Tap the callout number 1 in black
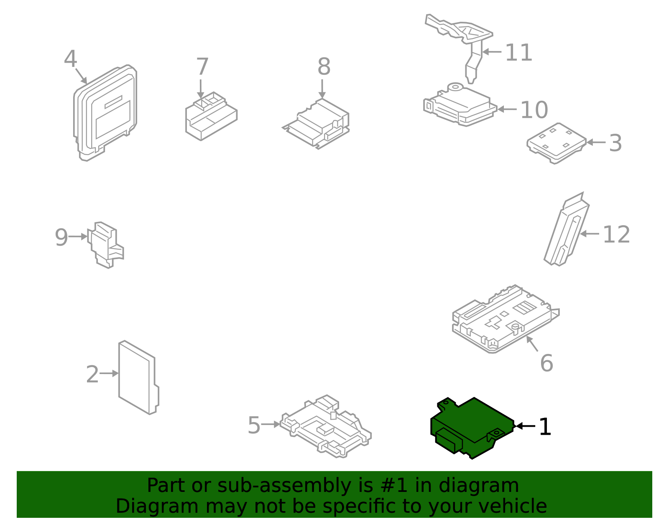point(545,427)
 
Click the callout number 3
point(615,143)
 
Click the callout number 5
point(254,425)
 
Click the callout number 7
point(202,67)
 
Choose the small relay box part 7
point(211,117)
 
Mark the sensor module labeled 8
point(318,123)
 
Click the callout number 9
point(61,237)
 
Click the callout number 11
point(518,53)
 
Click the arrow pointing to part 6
point(532,344)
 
